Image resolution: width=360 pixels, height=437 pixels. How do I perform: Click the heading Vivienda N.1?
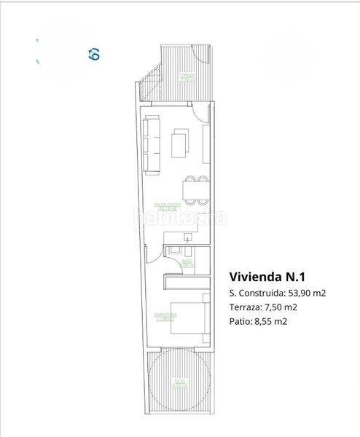[267, 277]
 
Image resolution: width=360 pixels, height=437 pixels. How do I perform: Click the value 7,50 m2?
[281, 307]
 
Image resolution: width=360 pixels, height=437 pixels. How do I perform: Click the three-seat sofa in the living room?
[152, 144]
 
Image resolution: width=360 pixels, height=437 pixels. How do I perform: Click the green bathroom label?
[187, 263]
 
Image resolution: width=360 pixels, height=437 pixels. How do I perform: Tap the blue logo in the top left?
[93, 53]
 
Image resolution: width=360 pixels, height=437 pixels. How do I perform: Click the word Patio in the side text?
[240, 320]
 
